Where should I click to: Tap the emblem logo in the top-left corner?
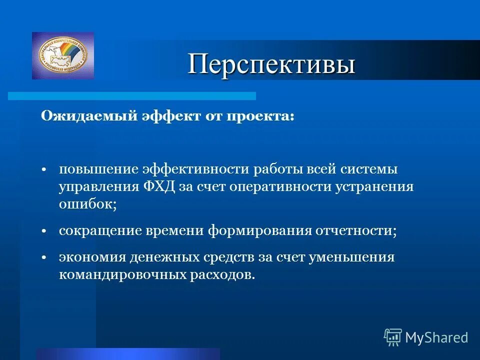click(x=63, y=55)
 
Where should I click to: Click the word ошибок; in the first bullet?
click(x=87, y=204)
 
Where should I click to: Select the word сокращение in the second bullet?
click(x=100, y=230)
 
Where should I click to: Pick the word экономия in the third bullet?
click(x=92, y=257)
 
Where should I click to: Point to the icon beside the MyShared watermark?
click(x=393, y=337)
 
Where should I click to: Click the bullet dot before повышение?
click(x=44, y=170)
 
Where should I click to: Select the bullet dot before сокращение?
click(x=44, y=231)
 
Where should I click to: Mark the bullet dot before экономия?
click(x=44, y=257)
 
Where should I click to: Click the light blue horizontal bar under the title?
click(x=132, y=95)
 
